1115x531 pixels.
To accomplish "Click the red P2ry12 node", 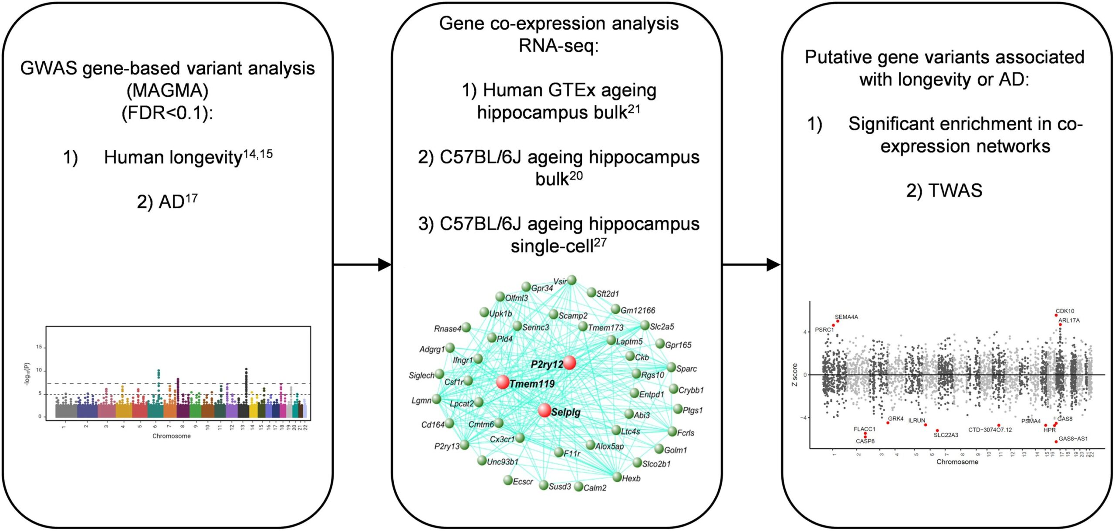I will (x=569, y=362).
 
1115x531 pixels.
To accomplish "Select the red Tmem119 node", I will (x=503, y=382).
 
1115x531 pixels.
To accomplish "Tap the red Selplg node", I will (x=544, y=410).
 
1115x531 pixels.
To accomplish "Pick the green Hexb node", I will (x=617, y=477).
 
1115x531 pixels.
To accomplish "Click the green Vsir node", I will (x=572, y=280).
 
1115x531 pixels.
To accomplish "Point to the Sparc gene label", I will (x=686, y=369).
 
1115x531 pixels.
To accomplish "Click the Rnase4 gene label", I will (x=447, y=328).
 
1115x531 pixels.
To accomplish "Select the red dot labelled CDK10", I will (x=1056, y=315).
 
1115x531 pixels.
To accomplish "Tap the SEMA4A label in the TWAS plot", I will (x=846, y=317).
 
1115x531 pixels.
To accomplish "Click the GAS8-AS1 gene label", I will (x=1073, y=439).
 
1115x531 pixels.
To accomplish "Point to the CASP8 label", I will (x=865, y=441).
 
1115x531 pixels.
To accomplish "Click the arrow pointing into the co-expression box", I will (x=384, y=264).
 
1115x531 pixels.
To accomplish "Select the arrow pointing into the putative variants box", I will (x=773, y=264).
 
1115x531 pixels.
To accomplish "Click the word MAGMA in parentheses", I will (x=168, y=91).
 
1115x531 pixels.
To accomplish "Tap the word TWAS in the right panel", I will (x=955, y=191).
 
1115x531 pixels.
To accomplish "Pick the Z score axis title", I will (x=795, y=375).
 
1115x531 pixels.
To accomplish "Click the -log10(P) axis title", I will (x=27, y=374).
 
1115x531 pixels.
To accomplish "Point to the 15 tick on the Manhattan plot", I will (x=39, y=347).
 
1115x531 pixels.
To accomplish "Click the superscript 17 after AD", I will (x=191, y=199).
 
